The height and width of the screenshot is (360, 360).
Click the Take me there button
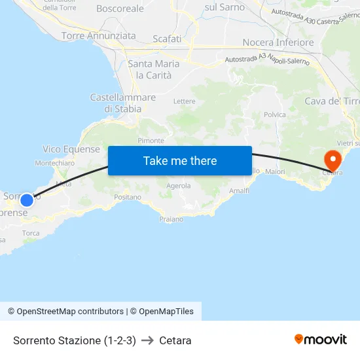(180, 160)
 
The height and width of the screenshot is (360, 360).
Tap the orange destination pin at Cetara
(333, 159)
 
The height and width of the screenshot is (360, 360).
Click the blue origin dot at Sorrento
(26, 200)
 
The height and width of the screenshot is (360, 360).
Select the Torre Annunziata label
(99, 36)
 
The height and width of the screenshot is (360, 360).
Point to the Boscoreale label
(120, 9)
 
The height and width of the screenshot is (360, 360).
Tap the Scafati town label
(167, 39)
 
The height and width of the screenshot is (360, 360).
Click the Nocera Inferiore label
(278, 43)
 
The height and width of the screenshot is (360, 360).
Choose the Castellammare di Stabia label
(123, 103)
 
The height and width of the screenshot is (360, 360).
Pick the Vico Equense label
(71, 149)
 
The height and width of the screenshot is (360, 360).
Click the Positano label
(128, 196)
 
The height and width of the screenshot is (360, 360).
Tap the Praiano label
(171, 219)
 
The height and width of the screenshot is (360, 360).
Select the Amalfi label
(240, 190)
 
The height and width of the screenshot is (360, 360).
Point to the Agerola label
(179, 186)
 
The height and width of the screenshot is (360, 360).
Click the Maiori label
(276, 171)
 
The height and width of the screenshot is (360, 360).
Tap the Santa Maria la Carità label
(154, 69)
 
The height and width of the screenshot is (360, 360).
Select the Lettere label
(185, 101)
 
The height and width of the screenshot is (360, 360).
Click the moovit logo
(321, 340)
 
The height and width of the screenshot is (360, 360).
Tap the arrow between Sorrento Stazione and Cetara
(147, 340)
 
